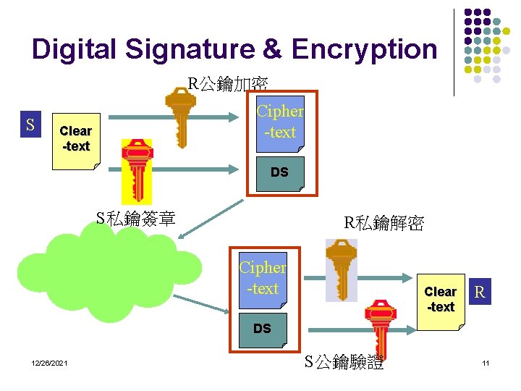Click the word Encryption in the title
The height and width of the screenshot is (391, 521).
[364, 49]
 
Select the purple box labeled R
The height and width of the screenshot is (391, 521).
[478, 293]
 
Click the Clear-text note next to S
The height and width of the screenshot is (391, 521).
[76, 139]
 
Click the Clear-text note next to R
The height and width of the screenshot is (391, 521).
[441, 299]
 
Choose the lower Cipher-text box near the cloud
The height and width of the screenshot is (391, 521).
[263, 278]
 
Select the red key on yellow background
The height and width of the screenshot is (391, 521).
[137, 169]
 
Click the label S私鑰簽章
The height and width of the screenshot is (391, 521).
[136, 218]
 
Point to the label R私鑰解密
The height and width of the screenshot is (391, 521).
[384, 223]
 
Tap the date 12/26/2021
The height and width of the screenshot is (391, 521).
[49, 363]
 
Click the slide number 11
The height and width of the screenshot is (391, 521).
[486, 363]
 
